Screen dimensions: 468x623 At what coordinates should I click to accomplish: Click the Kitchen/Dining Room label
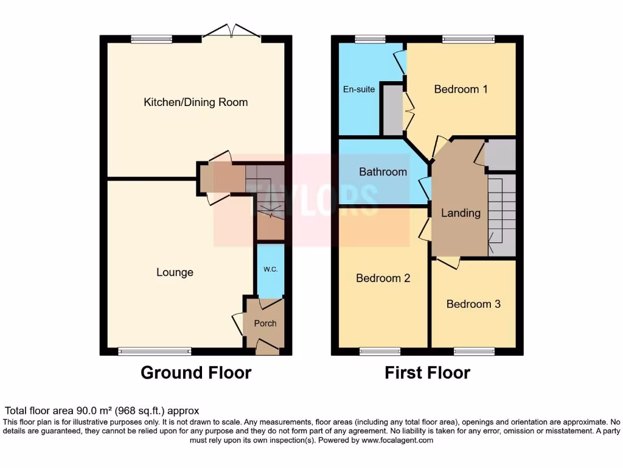(x=195, y=102)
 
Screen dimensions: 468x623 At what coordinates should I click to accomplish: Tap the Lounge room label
(x=175, y=272)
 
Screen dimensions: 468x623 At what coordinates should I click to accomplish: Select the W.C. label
(x=270, y=269)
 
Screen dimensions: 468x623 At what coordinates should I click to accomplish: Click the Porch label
(x=265, y=324)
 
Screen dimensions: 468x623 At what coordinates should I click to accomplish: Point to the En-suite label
(x=358, y=89)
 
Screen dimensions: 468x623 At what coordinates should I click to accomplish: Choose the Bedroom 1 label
(x=461, y=89)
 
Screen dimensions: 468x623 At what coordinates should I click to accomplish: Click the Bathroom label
(x=383, y=172)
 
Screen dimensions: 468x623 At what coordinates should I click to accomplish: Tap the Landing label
(x=461, y=213)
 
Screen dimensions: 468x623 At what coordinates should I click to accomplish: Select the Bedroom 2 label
(x=383, y=278)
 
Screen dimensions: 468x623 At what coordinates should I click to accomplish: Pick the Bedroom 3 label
(x=473, y=303)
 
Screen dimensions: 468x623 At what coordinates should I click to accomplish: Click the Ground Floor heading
(x=196, y=372)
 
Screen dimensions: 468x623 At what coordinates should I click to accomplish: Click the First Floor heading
(x=427, y=372)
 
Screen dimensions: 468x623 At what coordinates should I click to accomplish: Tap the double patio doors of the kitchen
(x=232, y=34)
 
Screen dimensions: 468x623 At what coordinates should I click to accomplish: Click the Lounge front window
(x=155, y=351)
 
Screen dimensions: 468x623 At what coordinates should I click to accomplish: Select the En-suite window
(x=370, y=39)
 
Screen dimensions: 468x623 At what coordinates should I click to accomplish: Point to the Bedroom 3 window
(x=474, y=352)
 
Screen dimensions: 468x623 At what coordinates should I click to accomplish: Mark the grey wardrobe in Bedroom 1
(x=393, y=110)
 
